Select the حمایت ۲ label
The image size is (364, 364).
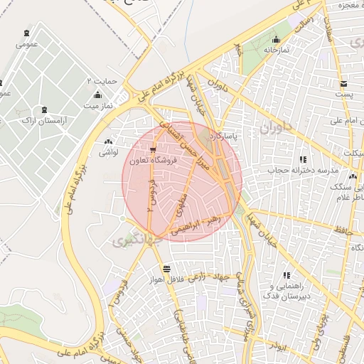[101, 80]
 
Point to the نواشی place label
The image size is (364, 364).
[107, 151]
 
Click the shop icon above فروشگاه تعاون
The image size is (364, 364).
[154, 149]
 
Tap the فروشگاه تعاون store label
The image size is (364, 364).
[154, 161]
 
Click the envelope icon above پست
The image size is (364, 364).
[344, 82]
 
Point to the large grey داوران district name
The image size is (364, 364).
[277, 129]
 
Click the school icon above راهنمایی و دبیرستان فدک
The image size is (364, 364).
[287, 275]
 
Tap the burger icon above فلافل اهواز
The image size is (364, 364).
[166, 269]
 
